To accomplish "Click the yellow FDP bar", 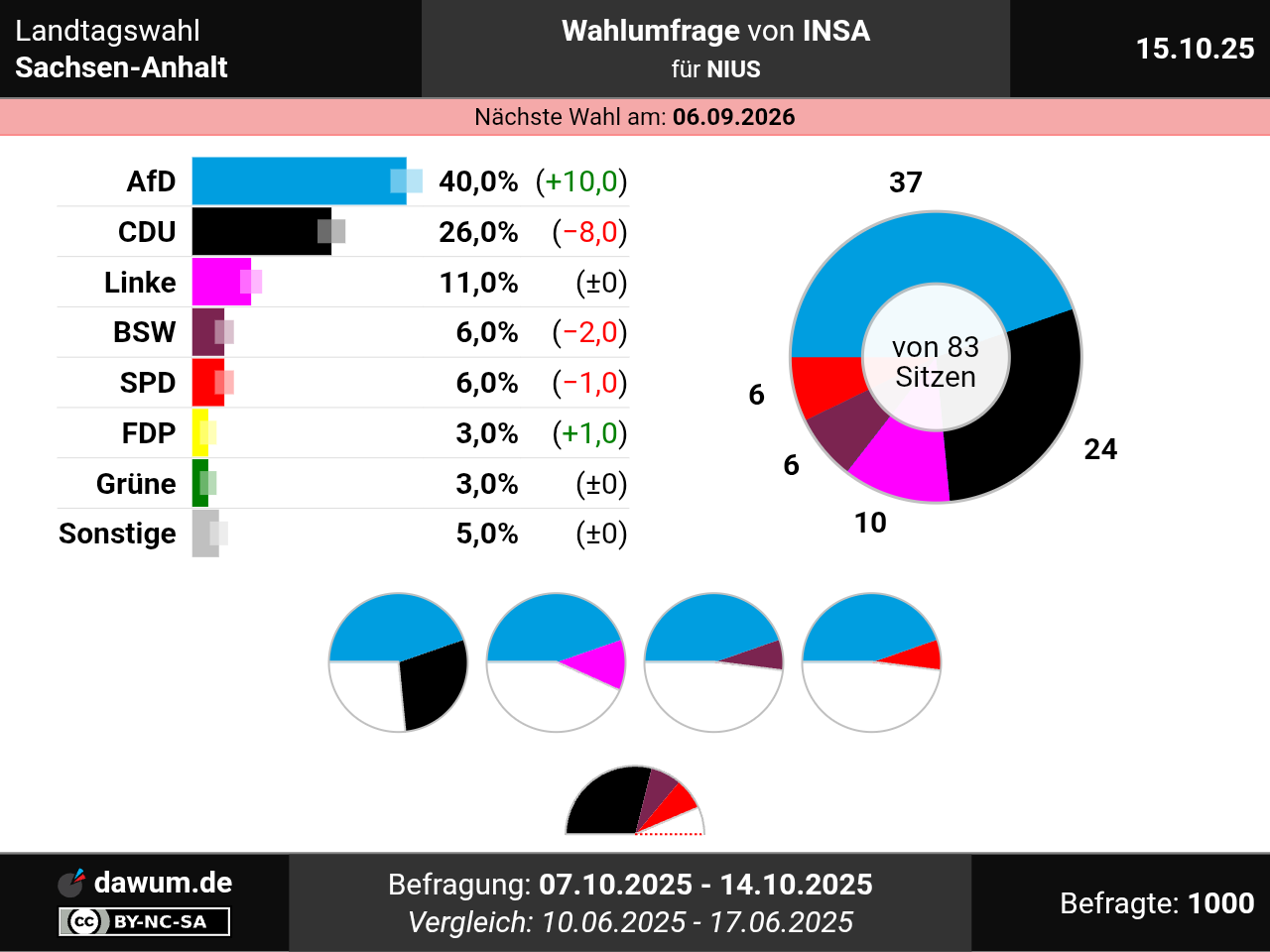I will [198, 433].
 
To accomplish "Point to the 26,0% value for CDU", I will [478, 232].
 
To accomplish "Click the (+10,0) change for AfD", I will [581, 181].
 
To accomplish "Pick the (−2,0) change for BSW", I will [589, 332].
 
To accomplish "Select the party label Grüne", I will [136, 484].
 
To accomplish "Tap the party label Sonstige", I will [117, 534].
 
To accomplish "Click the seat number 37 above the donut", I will [906, 182].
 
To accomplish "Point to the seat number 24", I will [1100, 449].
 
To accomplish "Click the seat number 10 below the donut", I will [870, 523].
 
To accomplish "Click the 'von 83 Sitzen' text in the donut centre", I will [936, 362].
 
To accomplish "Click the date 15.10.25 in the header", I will [1195, 49].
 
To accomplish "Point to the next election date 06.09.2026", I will [733, 117].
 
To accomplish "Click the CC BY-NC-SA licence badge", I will [145, 921].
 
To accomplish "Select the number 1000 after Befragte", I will [1220, 903].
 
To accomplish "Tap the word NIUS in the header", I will [733, 69].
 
